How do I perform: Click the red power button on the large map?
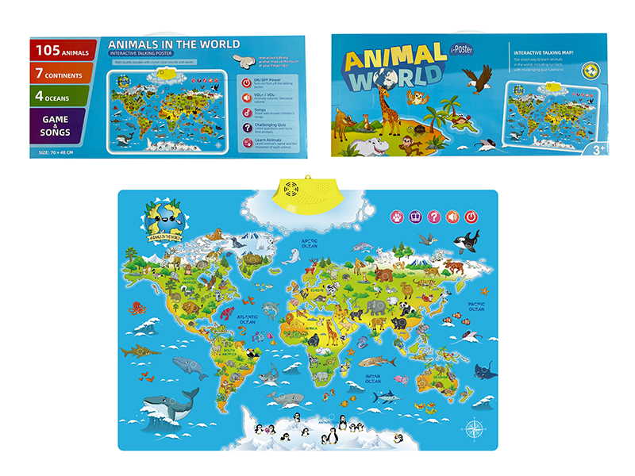click(x=471, y=216)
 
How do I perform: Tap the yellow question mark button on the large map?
click(x=433, y=216)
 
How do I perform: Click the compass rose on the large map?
click(x=475, y=430)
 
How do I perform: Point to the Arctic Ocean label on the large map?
click(x=309, y=244)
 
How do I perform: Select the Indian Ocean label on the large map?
click(x=373, y=378)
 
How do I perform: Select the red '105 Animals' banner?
click(x=60, y=50)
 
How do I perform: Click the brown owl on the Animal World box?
click(x=415, y=98)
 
